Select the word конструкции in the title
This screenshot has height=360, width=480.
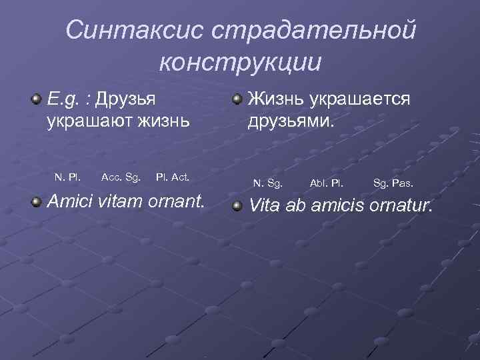(x=241, y=61)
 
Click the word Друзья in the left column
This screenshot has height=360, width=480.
(x=126, y=100)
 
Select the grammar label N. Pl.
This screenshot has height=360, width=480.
(x=68, y=177)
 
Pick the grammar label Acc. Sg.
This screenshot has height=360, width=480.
(x=121, y=177)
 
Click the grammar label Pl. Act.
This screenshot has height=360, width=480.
(x=173, y=177)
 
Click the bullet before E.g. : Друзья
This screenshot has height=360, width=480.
(x=35, y=100)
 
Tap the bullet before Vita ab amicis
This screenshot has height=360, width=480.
(x=237, y=206)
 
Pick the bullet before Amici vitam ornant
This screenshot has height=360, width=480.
(x=35, y=201)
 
